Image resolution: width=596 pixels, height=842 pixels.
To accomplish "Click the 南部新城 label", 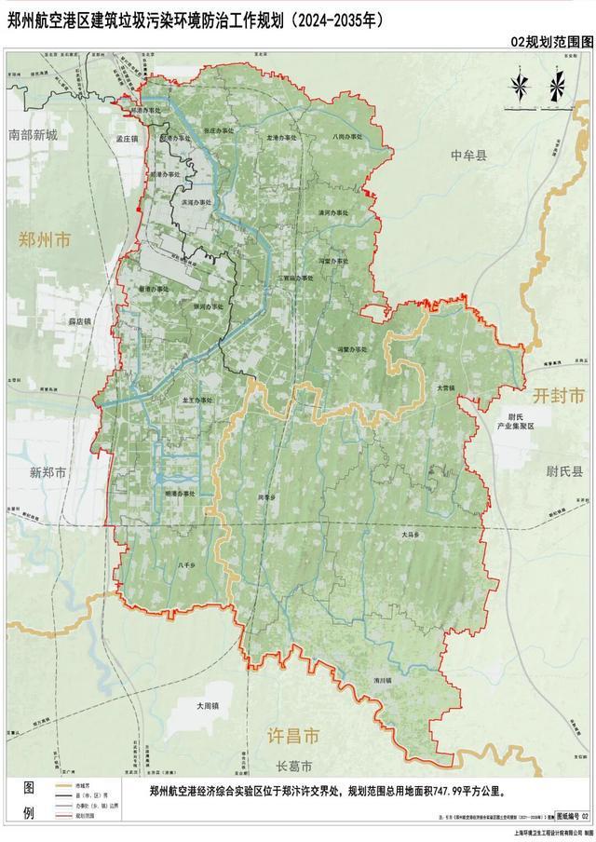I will click(33, 135).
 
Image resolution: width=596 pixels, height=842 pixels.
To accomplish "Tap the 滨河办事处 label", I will click(198, 200).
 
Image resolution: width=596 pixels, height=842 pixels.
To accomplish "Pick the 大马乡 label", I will click(412, 535).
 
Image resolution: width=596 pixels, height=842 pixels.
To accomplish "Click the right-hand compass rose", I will click(556, 86).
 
